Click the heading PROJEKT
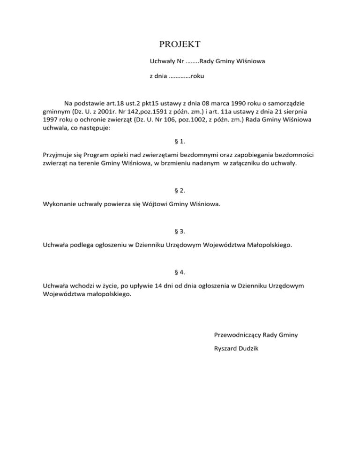click(180, 45)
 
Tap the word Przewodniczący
click(237, 335)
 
